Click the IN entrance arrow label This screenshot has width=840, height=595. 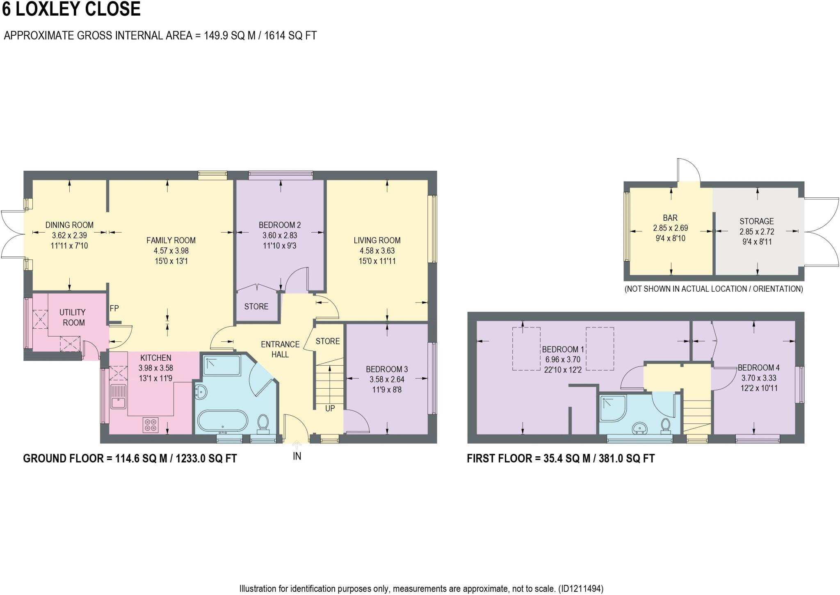[x=297, y=456]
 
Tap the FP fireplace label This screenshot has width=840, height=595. [x=114, y=308]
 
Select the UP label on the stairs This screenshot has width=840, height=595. [x=330, y=408]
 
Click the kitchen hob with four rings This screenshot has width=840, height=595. [x=151, y=425]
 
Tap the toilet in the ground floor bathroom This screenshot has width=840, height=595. [x=262, y=423]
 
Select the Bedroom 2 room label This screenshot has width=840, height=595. [x=280, y=225]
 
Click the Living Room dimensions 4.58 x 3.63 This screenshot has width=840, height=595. [x=377, y=251]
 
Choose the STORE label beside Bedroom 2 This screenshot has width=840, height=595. [x=256, y=307]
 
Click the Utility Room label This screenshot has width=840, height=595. [x=73, y=317]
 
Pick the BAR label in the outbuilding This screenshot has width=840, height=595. [x=670, y=217]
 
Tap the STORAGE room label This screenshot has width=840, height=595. [x=756, y=221]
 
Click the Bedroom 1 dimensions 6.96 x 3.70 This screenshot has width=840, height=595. [x=562, y=359]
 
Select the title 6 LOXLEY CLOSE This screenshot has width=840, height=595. [x=71, y=9]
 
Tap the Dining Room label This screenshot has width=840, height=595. [x=69, y=225]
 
